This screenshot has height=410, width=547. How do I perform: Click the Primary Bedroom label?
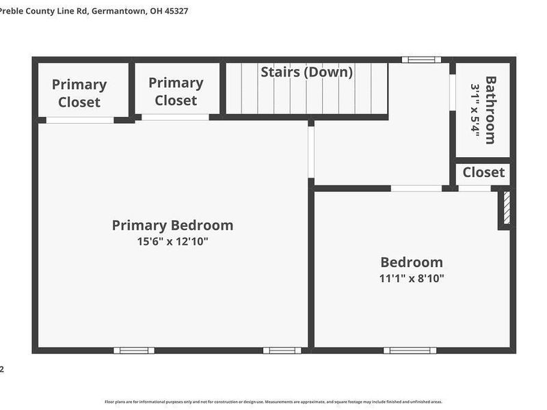point(172,225)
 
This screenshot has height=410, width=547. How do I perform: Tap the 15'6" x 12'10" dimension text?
point(172,242)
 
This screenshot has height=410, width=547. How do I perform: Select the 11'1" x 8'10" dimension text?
point(412,278)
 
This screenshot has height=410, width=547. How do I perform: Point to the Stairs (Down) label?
point(306,72)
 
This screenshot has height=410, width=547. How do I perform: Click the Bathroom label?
point(490,109)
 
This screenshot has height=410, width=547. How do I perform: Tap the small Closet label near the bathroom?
point(483,172)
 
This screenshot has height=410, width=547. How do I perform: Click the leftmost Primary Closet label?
point(79,94)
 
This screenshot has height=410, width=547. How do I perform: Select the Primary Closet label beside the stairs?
point(176,92)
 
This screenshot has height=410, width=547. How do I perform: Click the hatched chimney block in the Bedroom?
point(507,208)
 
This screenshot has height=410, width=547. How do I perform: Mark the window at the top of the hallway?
point(421,60)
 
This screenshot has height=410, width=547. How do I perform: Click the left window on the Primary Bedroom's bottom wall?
point(134,351)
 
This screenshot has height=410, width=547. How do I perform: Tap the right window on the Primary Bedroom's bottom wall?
point(282,351)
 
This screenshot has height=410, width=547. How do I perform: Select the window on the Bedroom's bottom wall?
point(410,351)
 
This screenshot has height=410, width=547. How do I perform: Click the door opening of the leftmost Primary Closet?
point(80,120)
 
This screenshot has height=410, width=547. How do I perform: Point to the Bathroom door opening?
point(452,92)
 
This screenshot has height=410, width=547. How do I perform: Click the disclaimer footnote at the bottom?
point(273,402)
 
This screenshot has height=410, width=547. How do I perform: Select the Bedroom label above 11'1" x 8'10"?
point(412,262)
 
